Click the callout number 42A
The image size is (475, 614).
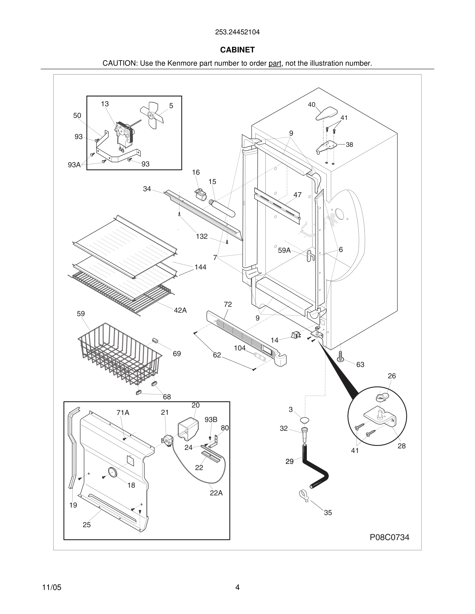coord(180,310)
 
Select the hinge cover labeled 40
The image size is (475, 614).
coord(326,113)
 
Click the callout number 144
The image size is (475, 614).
coord(200,267)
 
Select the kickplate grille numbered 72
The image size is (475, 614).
coord(245,337)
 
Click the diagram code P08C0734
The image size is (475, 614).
coord(389,537)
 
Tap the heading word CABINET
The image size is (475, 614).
coord(237,50)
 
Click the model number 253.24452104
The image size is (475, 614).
coord(237,32)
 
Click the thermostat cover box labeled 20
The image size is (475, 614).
coord(188,428)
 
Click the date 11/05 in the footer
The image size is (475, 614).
coord(51,588)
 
